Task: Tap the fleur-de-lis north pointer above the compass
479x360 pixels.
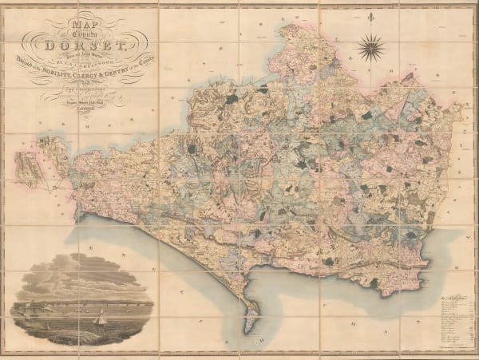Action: click(x=370, y=17)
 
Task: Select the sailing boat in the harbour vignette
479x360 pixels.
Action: click(x=102, y=318)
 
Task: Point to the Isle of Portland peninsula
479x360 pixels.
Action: click(x=249, y=318)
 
